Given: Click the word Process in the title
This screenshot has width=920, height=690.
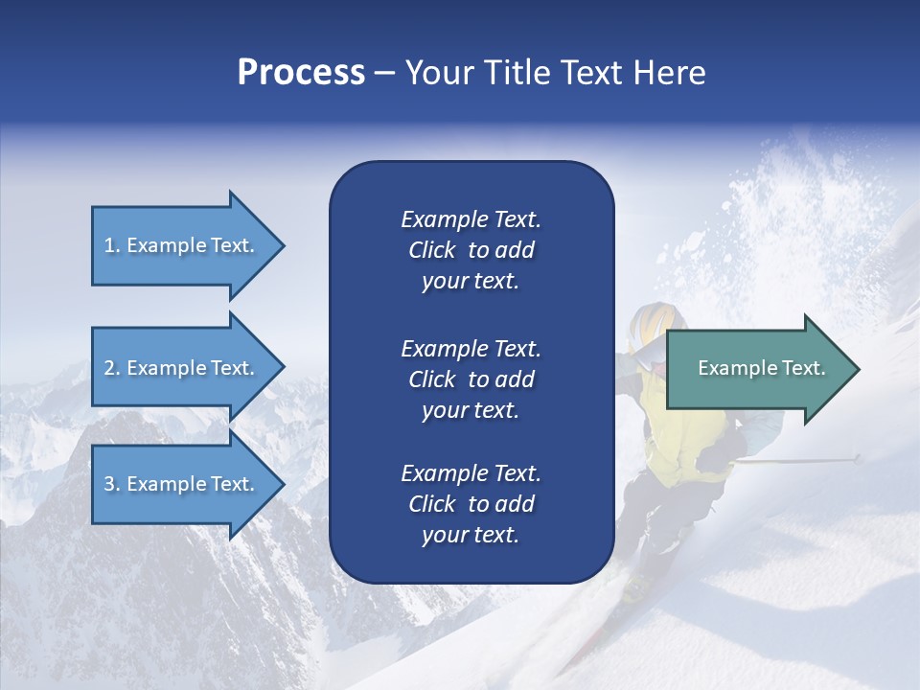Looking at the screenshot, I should click(x=301, y=73).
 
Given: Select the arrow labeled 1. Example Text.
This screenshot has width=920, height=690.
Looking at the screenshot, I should click(x=180, y=245).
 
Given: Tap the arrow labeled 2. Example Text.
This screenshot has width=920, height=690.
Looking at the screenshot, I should click(x=180, y=368).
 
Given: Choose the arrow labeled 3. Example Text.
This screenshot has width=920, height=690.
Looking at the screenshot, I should click(x=180, y=484).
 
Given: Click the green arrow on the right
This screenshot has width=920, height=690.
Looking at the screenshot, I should click(x=757, y=369).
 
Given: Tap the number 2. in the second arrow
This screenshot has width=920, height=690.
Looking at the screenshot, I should click(x=112, y=368).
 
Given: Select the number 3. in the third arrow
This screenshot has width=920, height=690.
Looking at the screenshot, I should click(x=112, y=484).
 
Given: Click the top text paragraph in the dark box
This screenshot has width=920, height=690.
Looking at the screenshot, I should click(x=471, y=250).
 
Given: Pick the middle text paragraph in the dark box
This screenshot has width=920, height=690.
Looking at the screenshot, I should click(x=471, y=379).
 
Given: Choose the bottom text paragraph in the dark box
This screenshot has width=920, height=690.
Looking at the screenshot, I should click(x=471, y=504).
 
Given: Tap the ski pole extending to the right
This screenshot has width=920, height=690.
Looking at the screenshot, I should click(x=805, y=461).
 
